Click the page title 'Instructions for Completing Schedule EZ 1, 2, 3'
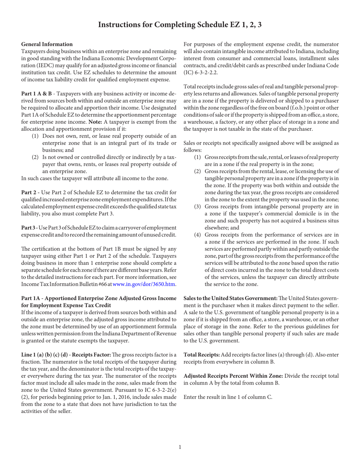point(180,25)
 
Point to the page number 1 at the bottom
point(180,447)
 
